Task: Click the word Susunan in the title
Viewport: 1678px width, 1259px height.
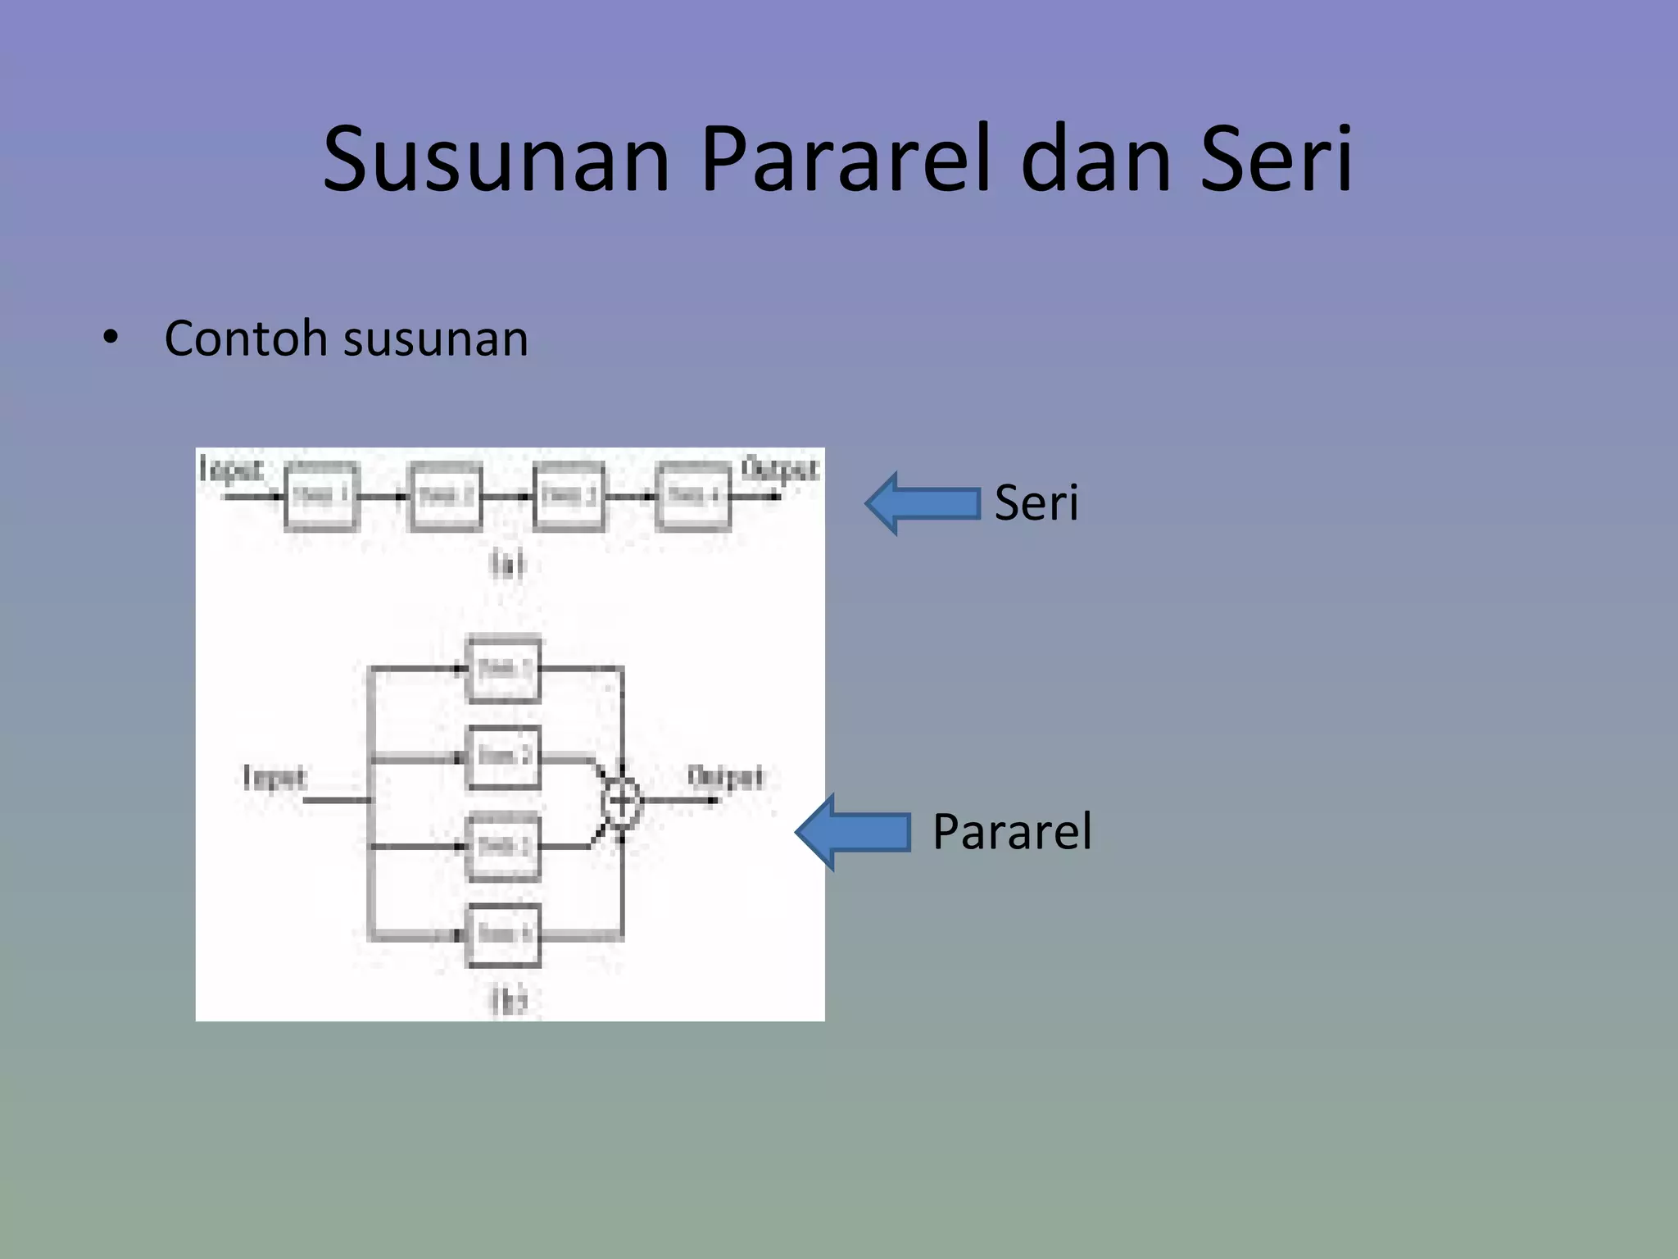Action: pos(497,160)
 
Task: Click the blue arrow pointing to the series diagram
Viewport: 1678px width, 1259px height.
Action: pos(923,503)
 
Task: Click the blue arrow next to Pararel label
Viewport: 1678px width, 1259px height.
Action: pos(853,832)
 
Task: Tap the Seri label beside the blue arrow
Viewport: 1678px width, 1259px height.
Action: pos(1036,502)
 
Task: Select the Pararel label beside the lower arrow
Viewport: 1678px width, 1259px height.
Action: pos(1011,831)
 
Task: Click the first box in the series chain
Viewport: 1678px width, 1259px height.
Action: pos(321,496)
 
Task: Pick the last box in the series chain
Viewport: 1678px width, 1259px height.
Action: pos(693,496)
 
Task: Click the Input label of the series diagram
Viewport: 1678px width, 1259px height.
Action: pos(231,470)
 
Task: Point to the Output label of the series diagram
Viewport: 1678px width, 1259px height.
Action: pos(779,470)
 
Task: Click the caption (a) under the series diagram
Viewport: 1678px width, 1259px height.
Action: pos(506,564)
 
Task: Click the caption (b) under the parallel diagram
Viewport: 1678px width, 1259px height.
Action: pos(508,1000)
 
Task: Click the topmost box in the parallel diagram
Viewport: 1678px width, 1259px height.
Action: pos(503,669)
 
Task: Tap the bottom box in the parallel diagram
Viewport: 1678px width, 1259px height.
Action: pos(503,934)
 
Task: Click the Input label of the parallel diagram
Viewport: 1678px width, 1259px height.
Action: pos(274,777)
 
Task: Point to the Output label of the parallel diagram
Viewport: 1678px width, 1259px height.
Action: pos(725,777)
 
